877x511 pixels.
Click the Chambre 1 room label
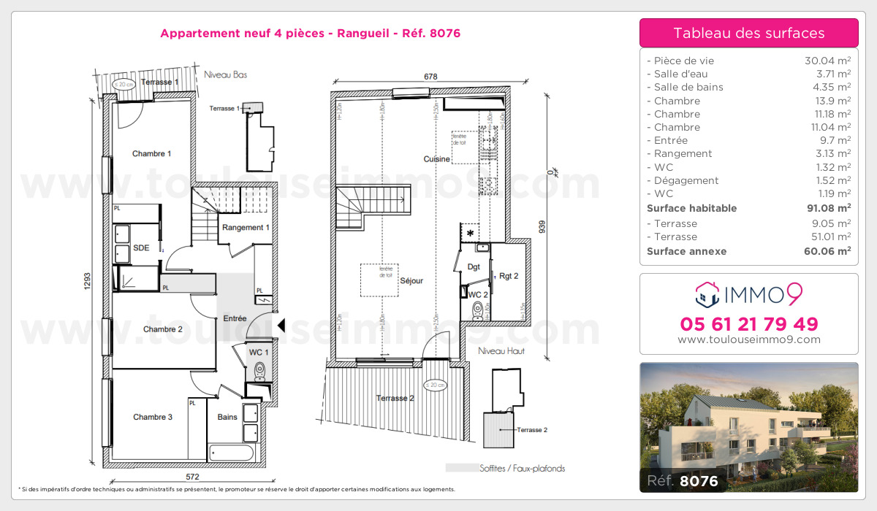coord(151,154)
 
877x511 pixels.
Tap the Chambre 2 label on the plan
coord(162,329)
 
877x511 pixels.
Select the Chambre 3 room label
coord(153,418)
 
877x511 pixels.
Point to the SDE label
coord(141,248)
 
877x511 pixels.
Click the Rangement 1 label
coord(246,227)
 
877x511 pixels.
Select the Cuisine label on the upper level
coord(436,159)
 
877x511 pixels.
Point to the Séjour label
coord(412,280)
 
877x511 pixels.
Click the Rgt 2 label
coord(509,276)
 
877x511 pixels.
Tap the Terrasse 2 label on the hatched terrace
coord(395,399)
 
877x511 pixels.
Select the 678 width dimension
coord(430,76)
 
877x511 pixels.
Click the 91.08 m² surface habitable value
coord(829,208)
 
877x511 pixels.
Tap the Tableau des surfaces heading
coord(748,33)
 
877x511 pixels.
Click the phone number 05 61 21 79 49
coord(748,323)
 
